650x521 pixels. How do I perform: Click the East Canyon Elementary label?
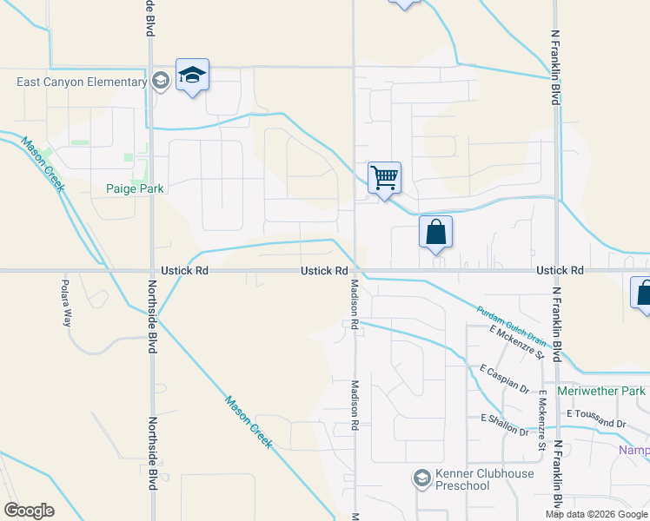click(82, 82)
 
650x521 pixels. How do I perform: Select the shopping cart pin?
click(383, 179)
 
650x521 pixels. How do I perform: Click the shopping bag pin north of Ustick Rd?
click(435, 233)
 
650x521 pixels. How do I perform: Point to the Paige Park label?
click(135, 188)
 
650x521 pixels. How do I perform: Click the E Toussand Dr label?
click(595, 418)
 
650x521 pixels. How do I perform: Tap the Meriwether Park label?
click(601, 392)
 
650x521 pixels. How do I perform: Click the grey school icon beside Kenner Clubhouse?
click(421, 478)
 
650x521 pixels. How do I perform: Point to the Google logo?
click(29, 511)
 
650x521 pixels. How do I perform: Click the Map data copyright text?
click(597, 514)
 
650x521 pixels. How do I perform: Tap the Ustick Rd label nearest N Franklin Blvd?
click(557, 271)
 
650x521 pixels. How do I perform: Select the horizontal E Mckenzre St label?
click(516, 342)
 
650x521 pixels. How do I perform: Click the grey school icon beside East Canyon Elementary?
click(160, 82)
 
